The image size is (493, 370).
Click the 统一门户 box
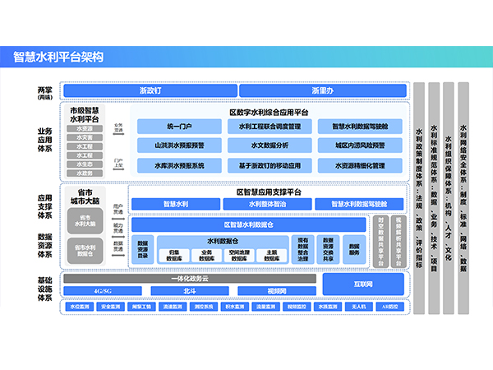tap(178, 127)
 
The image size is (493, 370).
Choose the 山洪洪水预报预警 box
tap(178, 146)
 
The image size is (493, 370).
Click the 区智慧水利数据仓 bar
tap(249, 224)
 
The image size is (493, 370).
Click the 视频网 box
tap(276, 290)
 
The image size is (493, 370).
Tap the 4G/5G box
tap(103, 290)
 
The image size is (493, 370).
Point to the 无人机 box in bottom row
tap(358, 307)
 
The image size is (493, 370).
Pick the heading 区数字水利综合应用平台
tap(269, 112)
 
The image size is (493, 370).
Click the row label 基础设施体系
tap(44, 284)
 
